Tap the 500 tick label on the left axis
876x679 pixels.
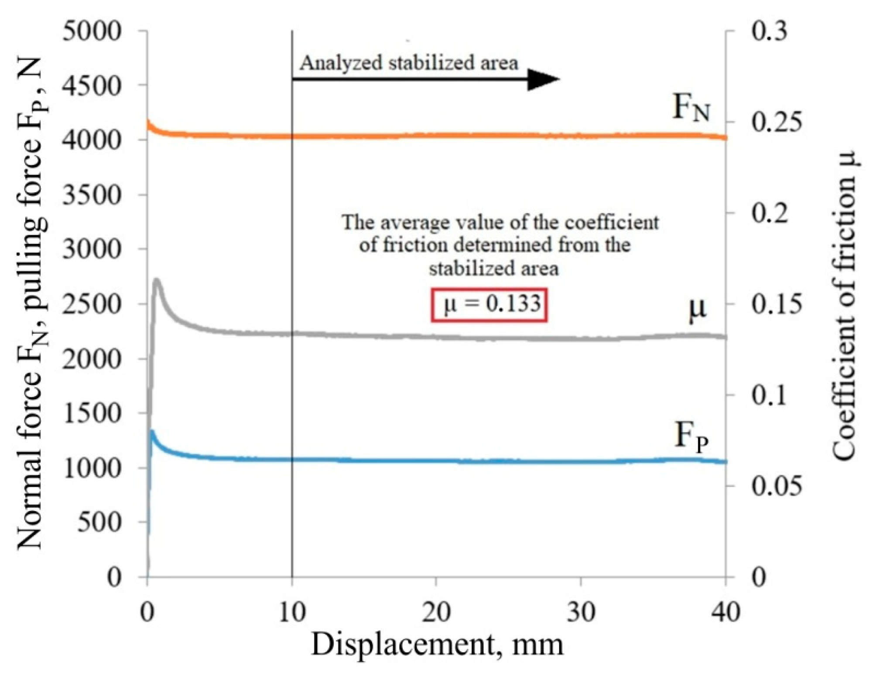[99, 522]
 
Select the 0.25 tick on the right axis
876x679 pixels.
[776, 123]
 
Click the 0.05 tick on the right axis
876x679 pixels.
[776, 486]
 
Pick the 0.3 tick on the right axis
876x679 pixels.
[769, 31]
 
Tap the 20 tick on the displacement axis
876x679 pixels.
[436, 612]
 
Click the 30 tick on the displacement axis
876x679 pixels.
[581, 612]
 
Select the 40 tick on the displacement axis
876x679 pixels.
[725, 612]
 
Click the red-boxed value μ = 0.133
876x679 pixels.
[489, 304]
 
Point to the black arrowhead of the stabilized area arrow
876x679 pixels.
[543, 79]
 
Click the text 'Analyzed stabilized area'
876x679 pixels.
[408, 63]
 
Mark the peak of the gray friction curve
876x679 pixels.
[157, 280]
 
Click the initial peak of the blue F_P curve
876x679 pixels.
[151, 432]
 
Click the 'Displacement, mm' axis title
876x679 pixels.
[437, 645]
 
